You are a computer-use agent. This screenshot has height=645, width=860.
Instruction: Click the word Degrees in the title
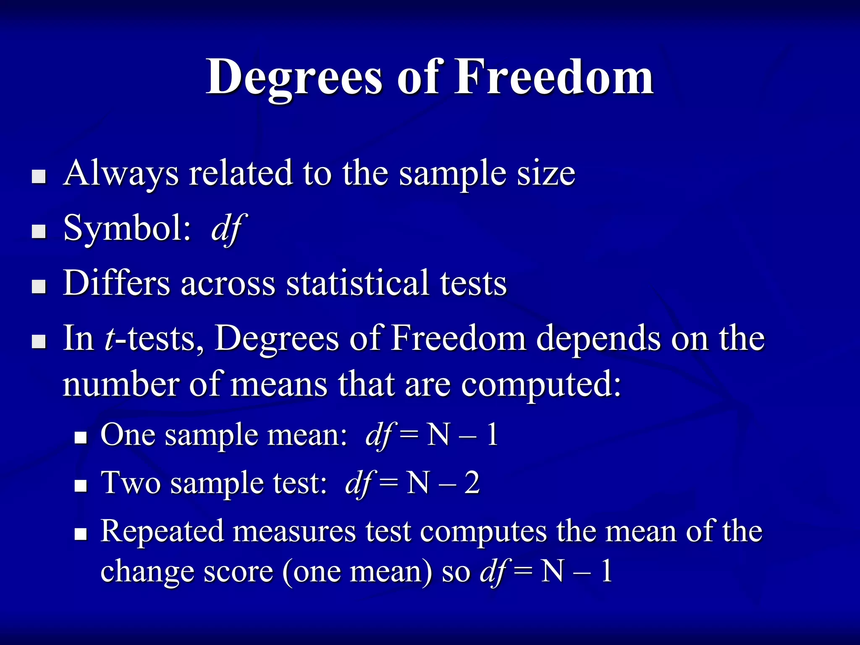click(x=294, y=78)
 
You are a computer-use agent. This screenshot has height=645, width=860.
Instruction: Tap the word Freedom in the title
click(x=554, y=78)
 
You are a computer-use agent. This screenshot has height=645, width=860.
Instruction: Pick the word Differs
click(x=116, y=283)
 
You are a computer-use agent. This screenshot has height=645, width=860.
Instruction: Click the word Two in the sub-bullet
click(x=131, y=483)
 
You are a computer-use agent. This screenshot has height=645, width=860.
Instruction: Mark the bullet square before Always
click(x=39, y=177)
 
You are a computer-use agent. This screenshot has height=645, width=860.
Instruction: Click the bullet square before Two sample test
click(x=80, y=486)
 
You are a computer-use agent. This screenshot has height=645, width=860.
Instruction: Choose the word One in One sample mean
click(x=128, y=435)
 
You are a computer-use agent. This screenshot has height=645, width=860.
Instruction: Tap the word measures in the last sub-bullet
click(x=294, y=532)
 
